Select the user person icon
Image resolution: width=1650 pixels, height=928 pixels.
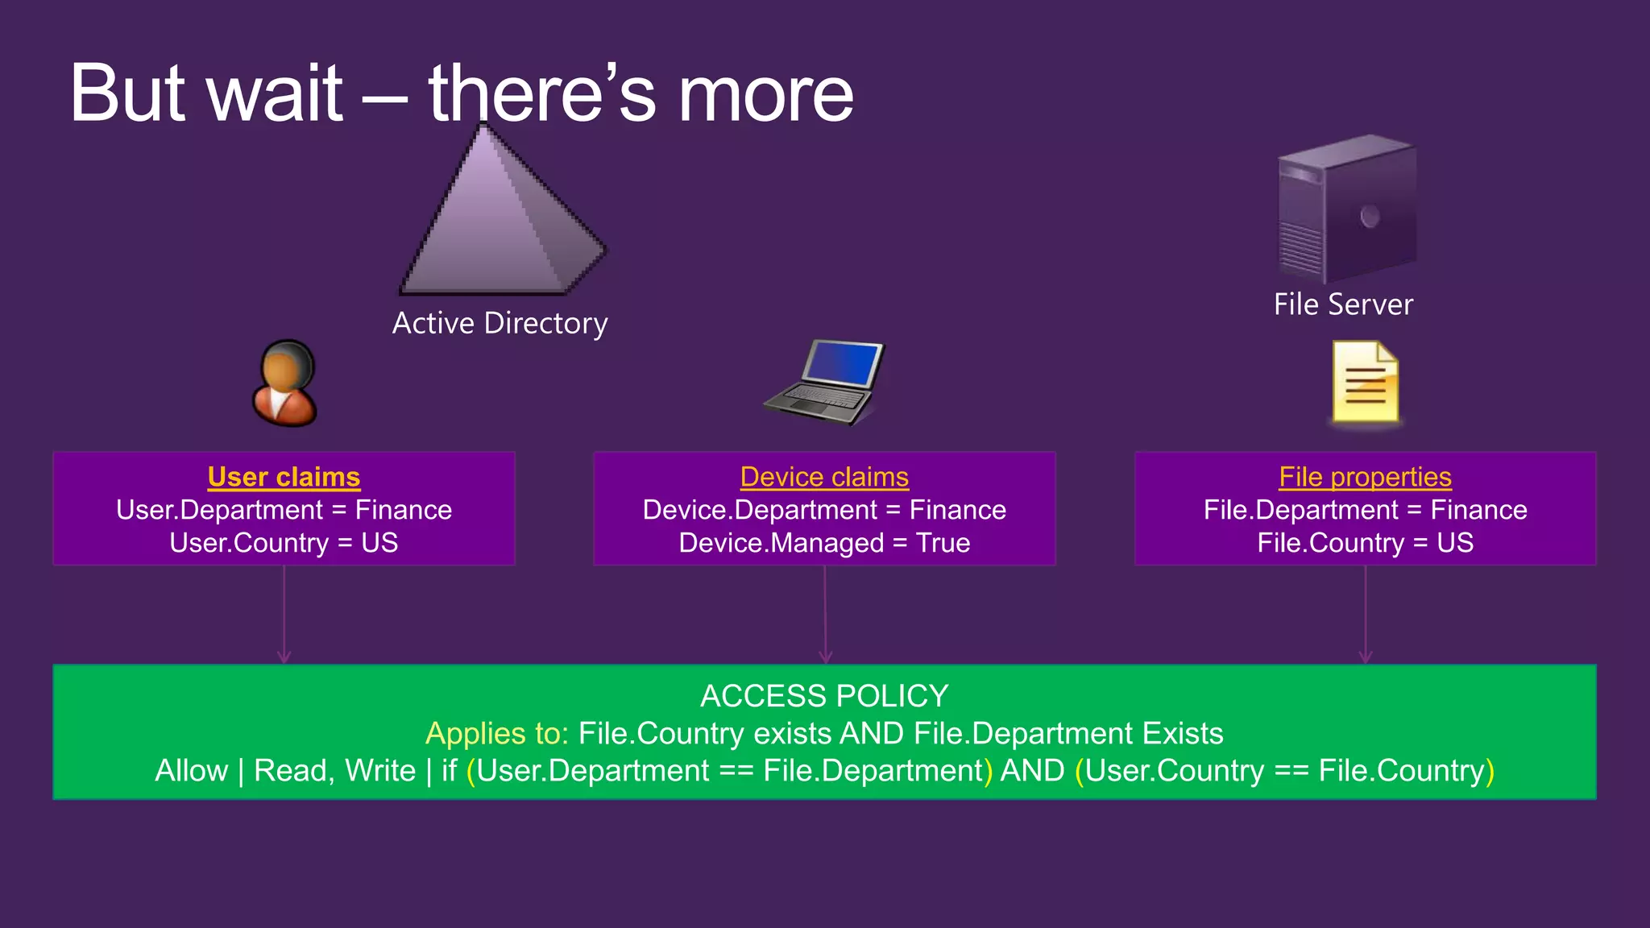click(284, 383)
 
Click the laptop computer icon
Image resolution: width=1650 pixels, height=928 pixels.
click(823, 382)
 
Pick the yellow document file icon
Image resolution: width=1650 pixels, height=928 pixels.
click(1365, 382)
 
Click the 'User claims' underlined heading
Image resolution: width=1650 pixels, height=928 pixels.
click(284, 477)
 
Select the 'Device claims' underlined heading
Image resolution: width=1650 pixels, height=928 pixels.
click(824, 477)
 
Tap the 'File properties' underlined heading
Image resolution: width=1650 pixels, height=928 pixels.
click(1365, 477)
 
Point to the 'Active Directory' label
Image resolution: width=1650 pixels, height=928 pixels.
click(500, 323)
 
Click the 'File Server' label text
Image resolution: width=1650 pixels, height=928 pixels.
click(1343, 304)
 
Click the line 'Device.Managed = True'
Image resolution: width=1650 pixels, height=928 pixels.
click(824, 543)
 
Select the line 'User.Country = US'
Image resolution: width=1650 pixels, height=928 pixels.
click(284, 543)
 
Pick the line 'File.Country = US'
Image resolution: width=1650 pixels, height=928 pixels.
click(1365, 543)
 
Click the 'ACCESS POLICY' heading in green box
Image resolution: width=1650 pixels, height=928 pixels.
click(824, 696)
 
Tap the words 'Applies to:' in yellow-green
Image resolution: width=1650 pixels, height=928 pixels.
click(497, 734)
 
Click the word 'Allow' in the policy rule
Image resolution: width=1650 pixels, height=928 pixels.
click(191, 771)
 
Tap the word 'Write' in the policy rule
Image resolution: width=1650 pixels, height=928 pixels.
click(380, 771)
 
